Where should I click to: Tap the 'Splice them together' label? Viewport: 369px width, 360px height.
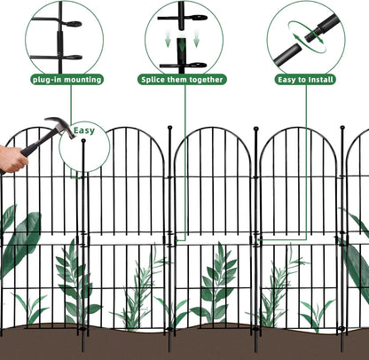(183, 80)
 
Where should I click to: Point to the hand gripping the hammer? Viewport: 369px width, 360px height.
(11, 160)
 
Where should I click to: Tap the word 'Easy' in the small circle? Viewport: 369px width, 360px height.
(84, 130)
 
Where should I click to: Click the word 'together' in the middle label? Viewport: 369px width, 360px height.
(208, 80)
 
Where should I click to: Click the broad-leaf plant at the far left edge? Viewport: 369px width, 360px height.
(18, 239)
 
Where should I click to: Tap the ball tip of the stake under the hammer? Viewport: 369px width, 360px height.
(82, 142)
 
